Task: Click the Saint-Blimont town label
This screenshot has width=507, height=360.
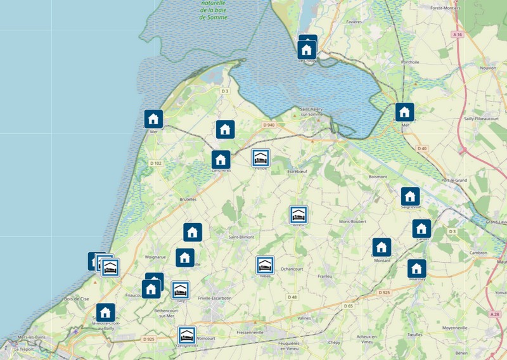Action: point(241,236)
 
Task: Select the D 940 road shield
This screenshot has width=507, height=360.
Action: point(268,125)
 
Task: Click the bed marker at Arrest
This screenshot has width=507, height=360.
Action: point(299,215)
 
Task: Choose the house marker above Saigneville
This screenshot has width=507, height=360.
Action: point(410,196)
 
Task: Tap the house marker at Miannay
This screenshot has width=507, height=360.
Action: point(416,268)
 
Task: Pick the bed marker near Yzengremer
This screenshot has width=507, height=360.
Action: point(186,335)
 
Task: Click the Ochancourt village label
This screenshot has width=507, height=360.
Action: point(292,269)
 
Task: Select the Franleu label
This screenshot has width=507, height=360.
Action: point(325,276)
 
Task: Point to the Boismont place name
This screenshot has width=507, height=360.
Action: point(378,177)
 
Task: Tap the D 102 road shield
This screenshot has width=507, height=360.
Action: point(156,164)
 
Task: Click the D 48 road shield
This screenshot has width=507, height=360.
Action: point(292,297)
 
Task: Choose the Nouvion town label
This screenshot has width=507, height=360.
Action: point(489,67)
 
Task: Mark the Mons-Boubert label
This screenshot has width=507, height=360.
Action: point(354,221)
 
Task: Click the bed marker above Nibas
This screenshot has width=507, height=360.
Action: point(265,265)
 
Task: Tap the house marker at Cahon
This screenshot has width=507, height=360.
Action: point(421,228)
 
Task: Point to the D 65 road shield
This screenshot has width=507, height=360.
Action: point(349,306)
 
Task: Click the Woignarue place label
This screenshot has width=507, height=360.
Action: point(155,257)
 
